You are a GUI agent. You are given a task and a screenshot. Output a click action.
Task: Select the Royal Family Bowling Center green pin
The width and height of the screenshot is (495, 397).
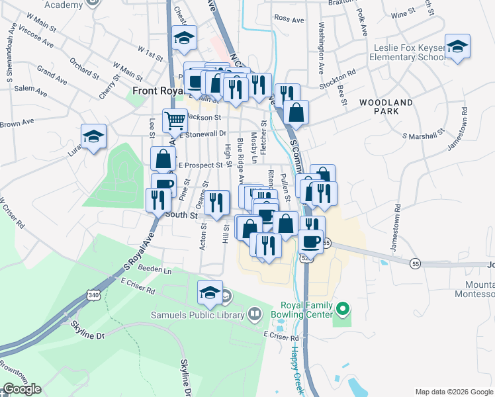tap(343, 308)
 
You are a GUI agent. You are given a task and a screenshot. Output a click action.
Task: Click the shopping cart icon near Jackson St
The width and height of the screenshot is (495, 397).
tap(175, 120)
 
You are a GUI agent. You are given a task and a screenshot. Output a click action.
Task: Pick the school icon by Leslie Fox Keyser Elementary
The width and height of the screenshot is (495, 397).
tap(456, 48)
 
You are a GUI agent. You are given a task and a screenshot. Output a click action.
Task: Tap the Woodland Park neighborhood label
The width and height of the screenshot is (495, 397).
tap(386, 107)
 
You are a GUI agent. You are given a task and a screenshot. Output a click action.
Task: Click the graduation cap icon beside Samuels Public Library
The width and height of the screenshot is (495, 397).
tap(210, 292)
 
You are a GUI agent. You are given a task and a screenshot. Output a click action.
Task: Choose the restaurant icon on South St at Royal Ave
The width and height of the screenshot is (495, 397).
tap(157, 198)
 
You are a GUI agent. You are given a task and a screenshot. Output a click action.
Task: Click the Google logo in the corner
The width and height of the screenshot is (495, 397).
tap(22, 389)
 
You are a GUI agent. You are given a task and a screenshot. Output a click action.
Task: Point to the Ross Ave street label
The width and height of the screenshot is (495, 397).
tap(289, 19)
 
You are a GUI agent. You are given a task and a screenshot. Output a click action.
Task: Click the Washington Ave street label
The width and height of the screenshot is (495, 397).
tap(321, 49)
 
